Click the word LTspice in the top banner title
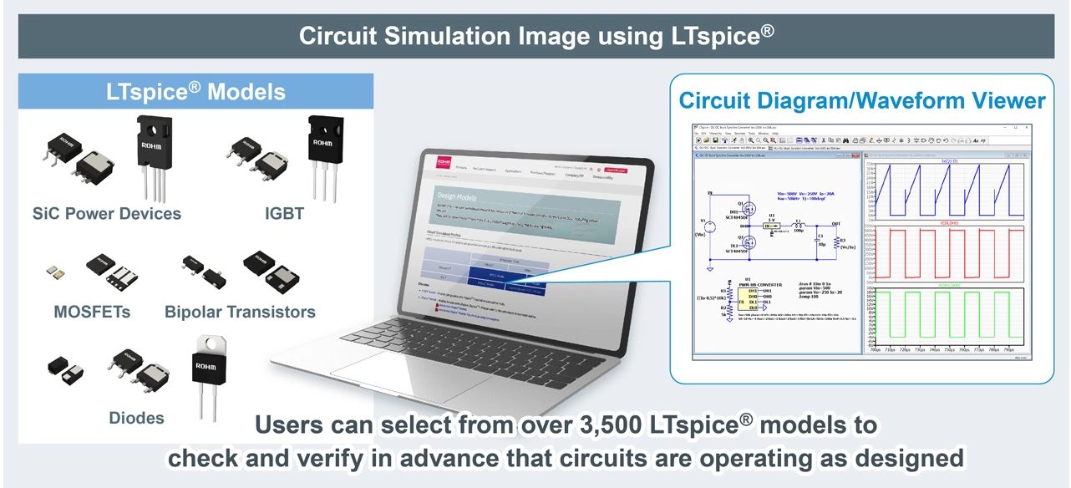click(714, 35)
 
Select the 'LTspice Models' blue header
click(195, 92)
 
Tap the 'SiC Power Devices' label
click(106, 213)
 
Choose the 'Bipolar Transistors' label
click(240, 312)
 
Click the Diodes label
click(136, 417)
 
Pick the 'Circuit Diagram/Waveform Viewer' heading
click(861, 101)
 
